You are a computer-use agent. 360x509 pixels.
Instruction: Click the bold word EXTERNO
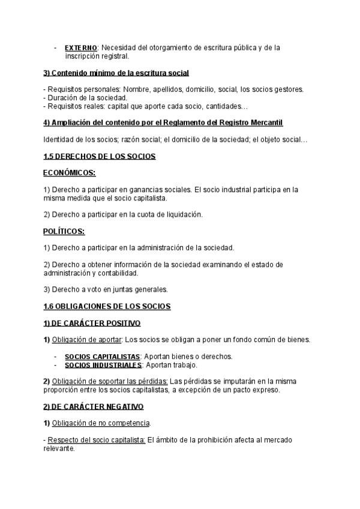pos(80,47)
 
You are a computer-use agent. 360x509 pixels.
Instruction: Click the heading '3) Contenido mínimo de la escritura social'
pos(116,73)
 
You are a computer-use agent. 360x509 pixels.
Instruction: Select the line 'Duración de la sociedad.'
pos(85,98)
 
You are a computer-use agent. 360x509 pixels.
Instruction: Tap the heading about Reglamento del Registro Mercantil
pos(164,123)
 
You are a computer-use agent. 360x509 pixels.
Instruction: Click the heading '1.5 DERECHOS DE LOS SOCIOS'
pos(100,157)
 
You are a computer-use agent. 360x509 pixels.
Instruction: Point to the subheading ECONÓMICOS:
pos(70,173)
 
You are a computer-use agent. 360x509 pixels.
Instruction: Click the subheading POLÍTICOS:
pos(64,231)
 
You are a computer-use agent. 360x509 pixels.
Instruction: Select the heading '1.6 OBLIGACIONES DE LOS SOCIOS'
pos(107,306)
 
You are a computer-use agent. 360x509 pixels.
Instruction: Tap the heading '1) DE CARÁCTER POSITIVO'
pos(92,323)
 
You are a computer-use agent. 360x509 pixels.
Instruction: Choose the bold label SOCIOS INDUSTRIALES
pos(103,365)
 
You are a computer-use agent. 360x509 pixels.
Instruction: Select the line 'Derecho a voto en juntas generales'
pos(106,289)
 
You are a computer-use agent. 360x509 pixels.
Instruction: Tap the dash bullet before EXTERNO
pos(55,47)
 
